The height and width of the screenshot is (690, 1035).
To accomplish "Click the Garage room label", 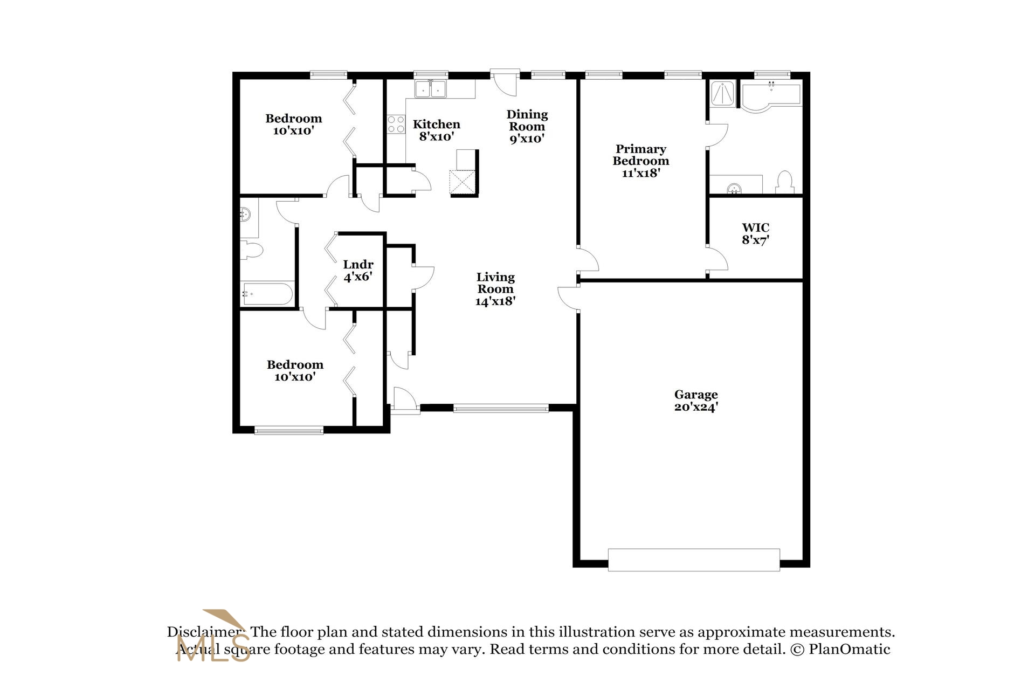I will click(x=695, y=395).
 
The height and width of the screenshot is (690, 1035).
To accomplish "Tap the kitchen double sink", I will click(x=430, y=89).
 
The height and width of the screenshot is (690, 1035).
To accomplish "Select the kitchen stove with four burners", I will click(x=396, y=125).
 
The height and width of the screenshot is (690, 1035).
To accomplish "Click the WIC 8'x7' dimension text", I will click(x=755, y=240).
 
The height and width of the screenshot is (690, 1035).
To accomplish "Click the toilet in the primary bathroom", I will click(x=785, y=183).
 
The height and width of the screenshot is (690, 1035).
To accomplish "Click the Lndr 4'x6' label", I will click(x=358, y=271).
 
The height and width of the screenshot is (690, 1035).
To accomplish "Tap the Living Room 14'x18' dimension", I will click(x=495, y=301).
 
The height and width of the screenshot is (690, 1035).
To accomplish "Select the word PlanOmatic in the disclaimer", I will click(x=849, y=649).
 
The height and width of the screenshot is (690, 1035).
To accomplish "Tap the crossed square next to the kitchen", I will click(x=463, y=182).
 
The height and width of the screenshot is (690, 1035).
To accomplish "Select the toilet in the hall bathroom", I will click(x=252, y=250).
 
